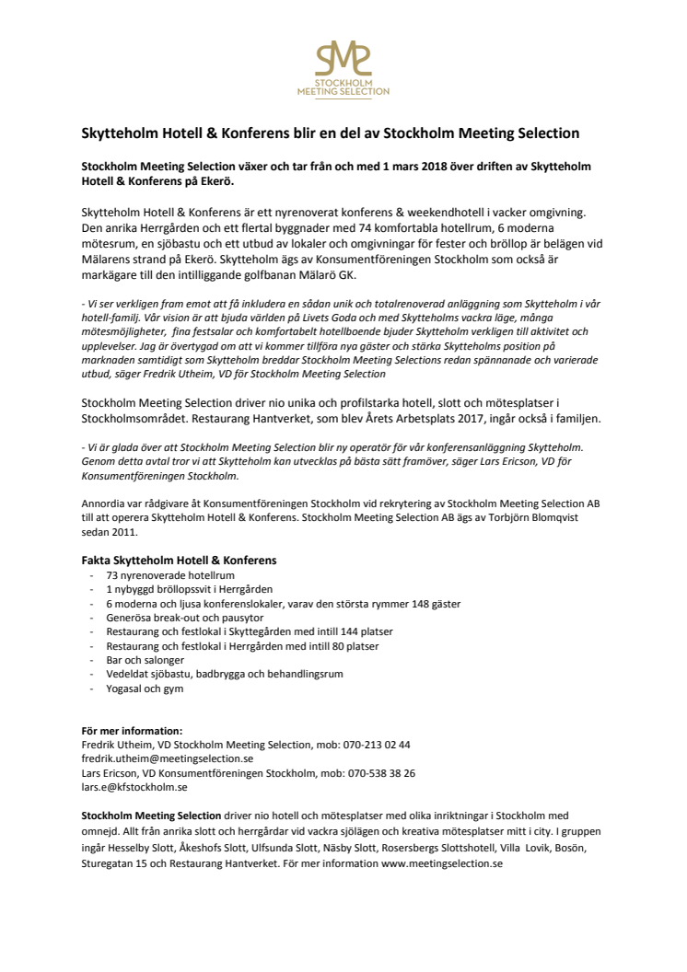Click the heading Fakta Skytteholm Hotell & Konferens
point(179,560)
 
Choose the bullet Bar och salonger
point(145,660)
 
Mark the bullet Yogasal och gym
point(144,688)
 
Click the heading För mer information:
point(132,731)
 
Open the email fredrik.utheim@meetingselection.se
point(167,758)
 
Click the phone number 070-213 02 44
point(376,745)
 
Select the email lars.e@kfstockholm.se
point(134,787)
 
